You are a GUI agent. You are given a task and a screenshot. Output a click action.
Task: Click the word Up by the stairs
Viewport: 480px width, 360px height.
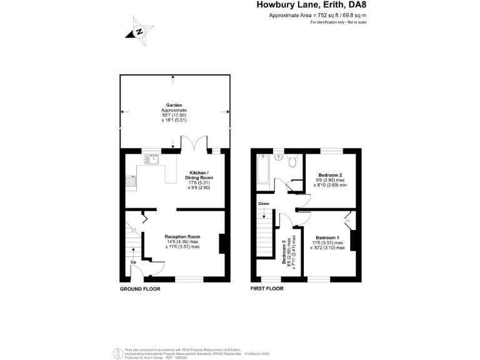coord(132,262)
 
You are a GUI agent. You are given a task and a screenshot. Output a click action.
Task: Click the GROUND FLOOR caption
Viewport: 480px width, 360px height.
coord(140,289)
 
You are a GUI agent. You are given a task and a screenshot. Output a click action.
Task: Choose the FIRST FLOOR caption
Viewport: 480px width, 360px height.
coord(267,289)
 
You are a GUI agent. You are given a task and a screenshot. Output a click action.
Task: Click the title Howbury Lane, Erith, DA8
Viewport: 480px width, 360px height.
coord(311,5)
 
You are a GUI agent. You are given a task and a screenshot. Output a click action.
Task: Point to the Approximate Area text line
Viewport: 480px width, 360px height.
coord(317,15)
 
